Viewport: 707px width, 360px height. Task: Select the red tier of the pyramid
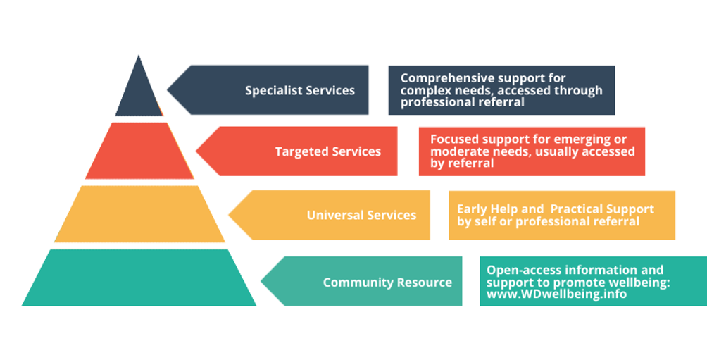point(139,151)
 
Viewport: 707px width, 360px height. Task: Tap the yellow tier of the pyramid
point(139,214)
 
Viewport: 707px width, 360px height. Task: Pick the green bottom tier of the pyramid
point(139,278)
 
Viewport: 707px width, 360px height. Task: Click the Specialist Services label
point(300,90)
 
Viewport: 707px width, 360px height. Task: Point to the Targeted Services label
point(328,151)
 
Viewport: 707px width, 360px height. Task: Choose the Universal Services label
point(361,215)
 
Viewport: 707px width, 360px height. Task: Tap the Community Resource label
point(387,283)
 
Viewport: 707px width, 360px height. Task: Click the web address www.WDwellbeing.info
point(556,294)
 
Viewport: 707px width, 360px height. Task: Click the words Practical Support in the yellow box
point(602,209)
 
